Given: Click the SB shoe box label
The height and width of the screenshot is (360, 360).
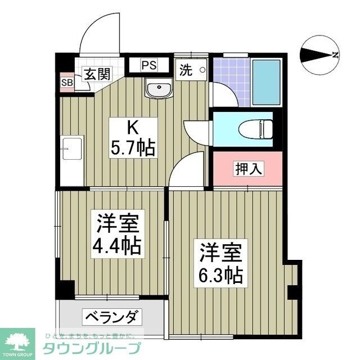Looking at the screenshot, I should tap(67, 82).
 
